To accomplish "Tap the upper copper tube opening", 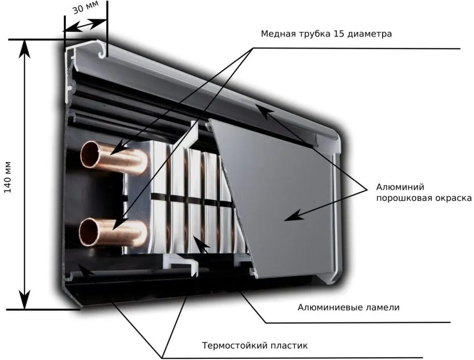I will coord(92,155).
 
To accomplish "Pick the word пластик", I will coord(287,345).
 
